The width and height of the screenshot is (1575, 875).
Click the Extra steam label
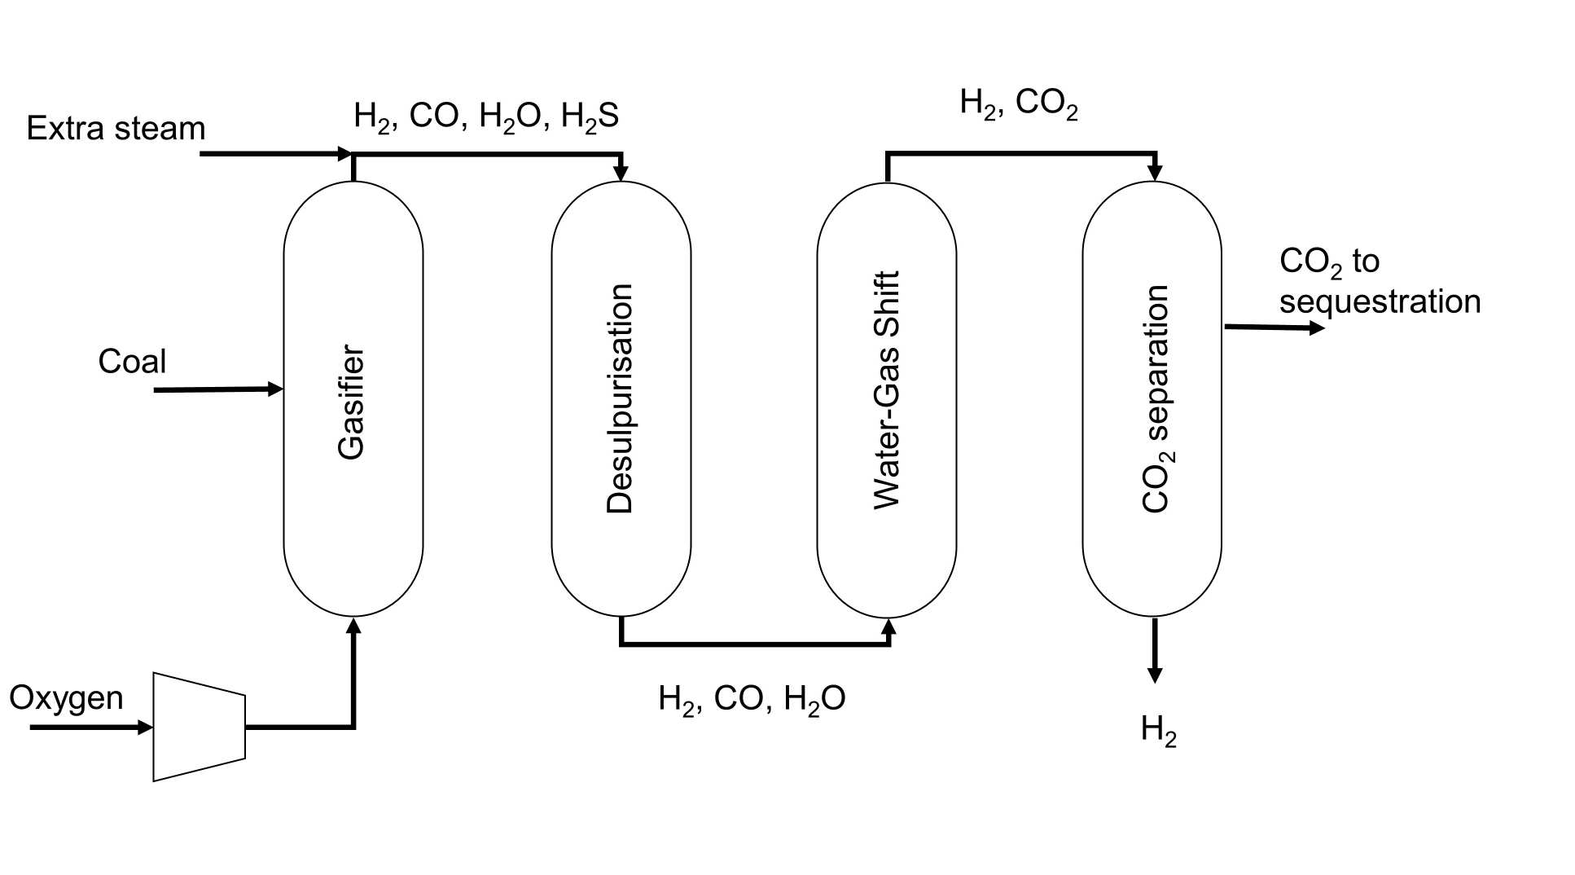coord(116,129)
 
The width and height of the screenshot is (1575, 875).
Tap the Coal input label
coord(132,362)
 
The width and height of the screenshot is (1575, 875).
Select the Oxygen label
coord(66,698)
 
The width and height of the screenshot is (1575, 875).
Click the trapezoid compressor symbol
coord(199,727)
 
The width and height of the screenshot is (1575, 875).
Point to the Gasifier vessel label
coord(352,402)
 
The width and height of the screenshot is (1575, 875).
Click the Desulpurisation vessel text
coord(620,398)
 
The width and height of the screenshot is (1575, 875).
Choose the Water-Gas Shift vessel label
coord(886,391)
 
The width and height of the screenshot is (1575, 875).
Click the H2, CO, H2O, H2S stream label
coord(486,117)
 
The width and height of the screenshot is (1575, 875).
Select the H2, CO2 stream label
coord(1019,103)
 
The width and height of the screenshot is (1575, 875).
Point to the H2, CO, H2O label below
coord(752,699)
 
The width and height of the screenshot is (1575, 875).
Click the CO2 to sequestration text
coord(1379,281)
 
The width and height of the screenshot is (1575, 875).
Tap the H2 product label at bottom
coord(1158,729)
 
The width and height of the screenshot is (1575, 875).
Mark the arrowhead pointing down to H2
coord(1154,675)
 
